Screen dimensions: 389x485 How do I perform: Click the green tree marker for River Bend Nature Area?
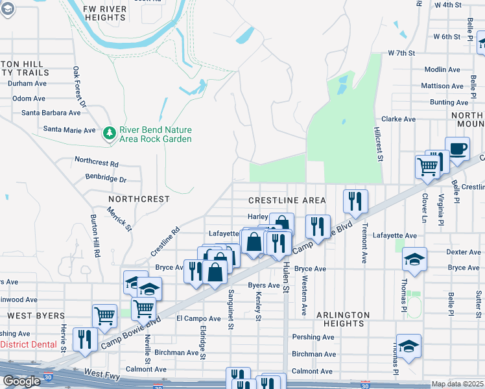click(109, 133)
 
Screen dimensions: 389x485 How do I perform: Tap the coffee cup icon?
click(457, 149)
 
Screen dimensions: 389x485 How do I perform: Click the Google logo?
click(21, 381)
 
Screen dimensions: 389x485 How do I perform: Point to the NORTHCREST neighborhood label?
click(139, 199)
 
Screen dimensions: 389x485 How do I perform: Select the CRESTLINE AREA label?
click(287, 200)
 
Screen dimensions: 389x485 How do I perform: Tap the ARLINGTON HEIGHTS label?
click(343, 319)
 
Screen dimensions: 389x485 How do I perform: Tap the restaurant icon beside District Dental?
click(85, 339)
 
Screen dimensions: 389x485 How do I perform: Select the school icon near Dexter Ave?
click(414, 260)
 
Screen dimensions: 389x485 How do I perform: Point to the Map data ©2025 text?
click(458, 384)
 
